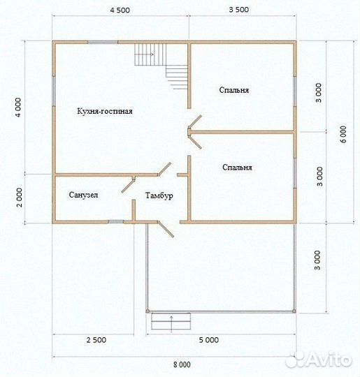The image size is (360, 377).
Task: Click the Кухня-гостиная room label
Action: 105,111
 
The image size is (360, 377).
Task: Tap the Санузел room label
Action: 84,195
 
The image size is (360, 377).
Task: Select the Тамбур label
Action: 159,195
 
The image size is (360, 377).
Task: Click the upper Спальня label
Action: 233,90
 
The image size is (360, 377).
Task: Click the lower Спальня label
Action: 237,167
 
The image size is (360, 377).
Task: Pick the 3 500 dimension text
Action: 239,10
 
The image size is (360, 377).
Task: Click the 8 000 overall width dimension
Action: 182,364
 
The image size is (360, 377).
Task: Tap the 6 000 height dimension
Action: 343,134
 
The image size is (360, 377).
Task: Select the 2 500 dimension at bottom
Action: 96,340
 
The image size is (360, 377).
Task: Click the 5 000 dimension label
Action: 209,340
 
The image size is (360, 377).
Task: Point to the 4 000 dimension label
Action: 19,108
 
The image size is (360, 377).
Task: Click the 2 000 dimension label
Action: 20,198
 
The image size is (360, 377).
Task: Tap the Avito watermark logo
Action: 319,360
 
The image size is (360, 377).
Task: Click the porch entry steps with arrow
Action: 171,321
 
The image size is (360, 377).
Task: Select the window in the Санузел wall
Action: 116,222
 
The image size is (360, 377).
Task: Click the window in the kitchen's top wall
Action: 103,42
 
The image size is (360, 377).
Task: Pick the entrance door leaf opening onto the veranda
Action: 166,229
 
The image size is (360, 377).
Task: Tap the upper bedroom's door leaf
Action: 195,121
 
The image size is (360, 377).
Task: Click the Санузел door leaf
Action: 129,185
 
